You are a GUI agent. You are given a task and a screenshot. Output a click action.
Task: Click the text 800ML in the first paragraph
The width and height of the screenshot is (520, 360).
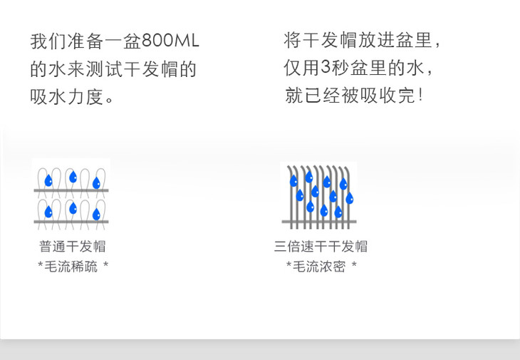tap(171, 41)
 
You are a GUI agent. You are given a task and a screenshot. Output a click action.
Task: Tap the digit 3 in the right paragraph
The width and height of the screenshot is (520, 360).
tap(326, 68)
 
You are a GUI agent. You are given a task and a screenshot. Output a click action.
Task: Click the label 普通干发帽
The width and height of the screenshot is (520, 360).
tap(72, 247)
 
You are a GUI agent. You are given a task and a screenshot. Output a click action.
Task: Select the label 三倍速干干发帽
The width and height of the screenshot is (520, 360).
tap(321, 247)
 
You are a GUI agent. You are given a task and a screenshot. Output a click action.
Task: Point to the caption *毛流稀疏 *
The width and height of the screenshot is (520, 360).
tap(73, 267)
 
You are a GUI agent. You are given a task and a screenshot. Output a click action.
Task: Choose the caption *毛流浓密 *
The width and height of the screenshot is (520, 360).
tap(321, 267)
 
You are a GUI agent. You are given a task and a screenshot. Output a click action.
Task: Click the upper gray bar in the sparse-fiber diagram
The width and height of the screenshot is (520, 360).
tap(71, 191)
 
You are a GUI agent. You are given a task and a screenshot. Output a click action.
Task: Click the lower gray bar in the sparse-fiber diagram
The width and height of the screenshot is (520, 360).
tap(71, 222)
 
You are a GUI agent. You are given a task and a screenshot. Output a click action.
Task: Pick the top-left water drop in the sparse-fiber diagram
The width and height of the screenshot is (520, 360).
tap(48, 180)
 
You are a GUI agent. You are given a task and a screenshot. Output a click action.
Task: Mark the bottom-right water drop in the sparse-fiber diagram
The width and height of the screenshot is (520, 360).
tap(96, 213)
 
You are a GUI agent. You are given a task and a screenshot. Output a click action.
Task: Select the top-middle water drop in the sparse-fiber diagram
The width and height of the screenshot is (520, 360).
tap(73, 178)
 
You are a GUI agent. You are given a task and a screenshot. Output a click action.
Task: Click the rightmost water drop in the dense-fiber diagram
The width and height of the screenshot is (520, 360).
tap(349, 198)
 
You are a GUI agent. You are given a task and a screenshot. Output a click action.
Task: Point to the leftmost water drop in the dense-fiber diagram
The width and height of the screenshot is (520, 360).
tap(293, 181)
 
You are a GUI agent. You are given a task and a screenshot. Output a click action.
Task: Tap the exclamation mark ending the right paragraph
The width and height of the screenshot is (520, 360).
tap(422, 95)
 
